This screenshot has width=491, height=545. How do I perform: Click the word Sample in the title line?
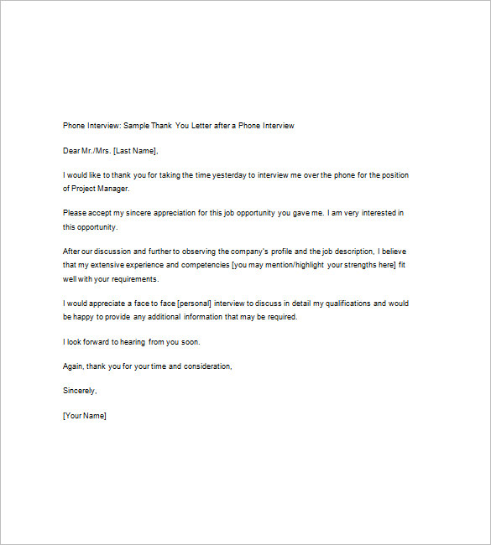(136, 126)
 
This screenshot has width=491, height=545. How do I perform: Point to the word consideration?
(205, 366)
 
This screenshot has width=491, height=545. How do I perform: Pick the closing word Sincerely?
(80, 391)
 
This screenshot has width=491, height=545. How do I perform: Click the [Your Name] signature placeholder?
(85, 416)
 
